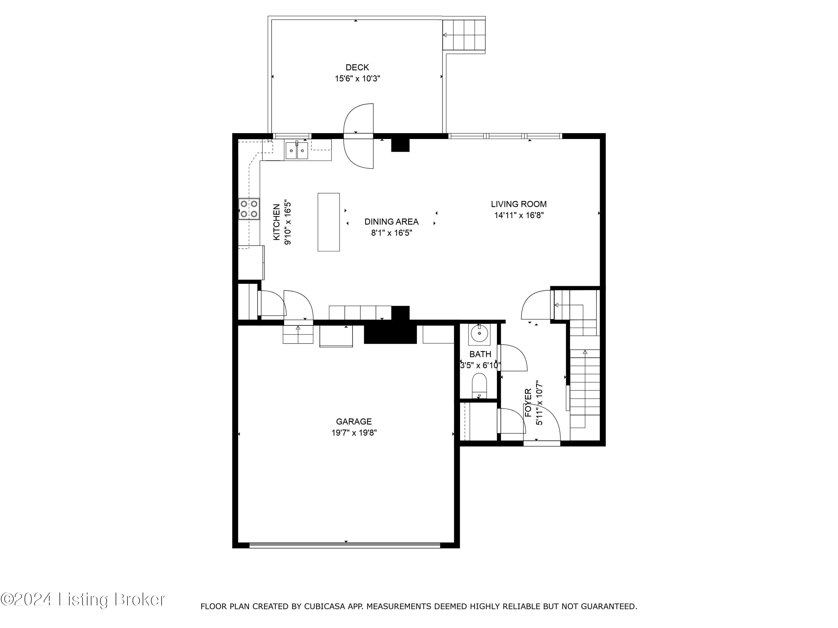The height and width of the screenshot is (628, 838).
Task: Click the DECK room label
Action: (357, 67)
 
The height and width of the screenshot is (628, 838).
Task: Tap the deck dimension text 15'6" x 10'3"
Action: (357, 79)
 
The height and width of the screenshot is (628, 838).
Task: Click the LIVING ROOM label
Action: (518, 204)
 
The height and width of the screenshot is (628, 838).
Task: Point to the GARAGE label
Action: (353, 421)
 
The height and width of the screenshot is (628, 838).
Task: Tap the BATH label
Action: (480, 354)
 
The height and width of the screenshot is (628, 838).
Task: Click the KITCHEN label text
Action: (277, 222)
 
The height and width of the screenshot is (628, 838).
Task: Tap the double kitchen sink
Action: (297, 151)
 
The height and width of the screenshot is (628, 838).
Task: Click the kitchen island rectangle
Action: (328, 222)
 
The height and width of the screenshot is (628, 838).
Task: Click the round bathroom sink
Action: (479, 334)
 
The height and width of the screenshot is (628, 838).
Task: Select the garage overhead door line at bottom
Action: (345, 545)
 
